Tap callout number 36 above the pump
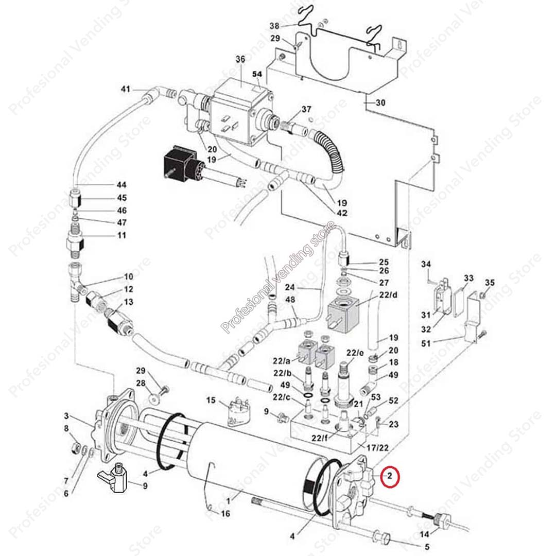[240, 59]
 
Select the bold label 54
[257, 74]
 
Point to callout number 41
[126, 89]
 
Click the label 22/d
[389, 294]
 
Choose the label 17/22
[377, 448]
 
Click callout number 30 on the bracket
[380, 103]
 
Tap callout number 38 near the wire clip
[274, 26]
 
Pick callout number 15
[211, 401]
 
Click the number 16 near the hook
[225, 514]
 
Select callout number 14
[424, 534]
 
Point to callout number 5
[427, 547]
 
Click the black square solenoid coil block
[180, 164]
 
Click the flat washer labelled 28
[154, 398]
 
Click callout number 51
[426, 343]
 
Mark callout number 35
[490, 283]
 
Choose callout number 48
[290, 300]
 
